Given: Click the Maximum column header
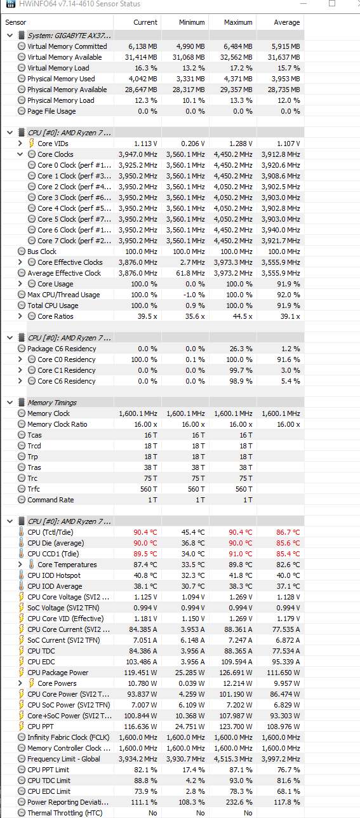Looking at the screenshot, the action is [238, 22].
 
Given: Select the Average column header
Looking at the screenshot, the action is [286, 22].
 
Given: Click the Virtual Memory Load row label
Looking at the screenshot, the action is [58, 68].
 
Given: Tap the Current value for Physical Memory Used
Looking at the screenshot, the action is [142, 79].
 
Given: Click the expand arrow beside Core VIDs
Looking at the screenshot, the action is [20, 144].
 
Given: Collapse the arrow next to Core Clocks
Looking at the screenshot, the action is [20, 154].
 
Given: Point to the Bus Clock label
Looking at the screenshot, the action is [42, 251].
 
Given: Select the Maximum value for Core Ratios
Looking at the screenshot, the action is [243, 316].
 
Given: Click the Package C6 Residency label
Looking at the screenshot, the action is [62, 349].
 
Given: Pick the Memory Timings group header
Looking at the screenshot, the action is [52, 403].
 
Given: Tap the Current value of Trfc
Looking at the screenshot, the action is [149, 489].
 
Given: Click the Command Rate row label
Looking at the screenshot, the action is [50, 500].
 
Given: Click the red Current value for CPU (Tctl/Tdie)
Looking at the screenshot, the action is [145, 532].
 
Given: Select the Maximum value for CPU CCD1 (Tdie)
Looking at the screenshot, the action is [240, 554].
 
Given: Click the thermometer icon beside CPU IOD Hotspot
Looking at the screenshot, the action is [21, 575].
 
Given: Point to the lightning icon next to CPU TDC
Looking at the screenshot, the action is [22, 651].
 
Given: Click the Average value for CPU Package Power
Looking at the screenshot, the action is [283, 673].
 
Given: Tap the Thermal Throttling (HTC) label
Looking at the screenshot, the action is [65, 812].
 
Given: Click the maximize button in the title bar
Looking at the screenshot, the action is [332, 4].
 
